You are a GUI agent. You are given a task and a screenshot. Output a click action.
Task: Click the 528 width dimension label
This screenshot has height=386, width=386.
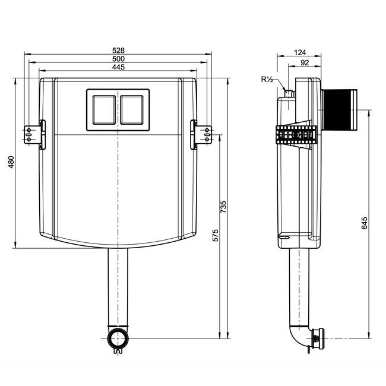[118, 50]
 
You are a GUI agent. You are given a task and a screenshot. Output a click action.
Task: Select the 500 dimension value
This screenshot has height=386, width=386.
[118, 59]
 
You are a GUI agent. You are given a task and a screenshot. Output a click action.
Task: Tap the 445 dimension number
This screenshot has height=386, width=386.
[118, 67]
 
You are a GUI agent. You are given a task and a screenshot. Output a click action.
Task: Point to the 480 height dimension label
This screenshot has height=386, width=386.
[11, 162]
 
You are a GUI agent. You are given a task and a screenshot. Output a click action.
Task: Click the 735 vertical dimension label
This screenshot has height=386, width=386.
[223, 207]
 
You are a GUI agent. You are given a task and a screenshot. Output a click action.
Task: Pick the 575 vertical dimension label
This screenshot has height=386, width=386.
[216, 236]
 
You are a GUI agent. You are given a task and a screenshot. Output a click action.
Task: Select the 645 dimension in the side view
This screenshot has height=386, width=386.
[365, 223]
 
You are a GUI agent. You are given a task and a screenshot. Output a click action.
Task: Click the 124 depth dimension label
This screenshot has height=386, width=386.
[300, 52]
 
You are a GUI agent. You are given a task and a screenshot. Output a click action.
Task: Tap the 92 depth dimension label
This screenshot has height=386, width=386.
[305, 63]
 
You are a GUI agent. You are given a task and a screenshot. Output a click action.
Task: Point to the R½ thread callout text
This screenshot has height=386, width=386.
[267, 80]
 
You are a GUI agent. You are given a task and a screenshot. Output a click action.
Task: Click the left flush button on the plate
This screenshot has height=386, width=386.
[104, 110]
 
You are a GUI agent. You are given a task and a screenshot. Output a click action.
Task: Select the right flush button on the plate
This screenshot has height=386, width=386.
[132, 110]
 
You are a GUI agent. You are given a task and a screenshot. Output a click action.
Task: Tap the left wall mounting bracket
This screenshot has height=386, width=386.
[34, 135]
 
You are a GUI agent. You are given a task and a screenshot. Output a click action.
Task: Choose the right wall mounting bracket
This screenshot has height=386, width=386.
[201, 135]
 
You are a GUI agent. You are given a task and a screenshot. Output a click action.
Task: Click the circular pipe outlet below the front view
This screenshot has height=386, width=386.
[118, 338]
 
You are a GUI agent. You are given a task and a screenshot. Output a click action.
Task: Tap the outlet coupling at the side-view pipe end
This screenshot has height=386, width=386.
[318, 338]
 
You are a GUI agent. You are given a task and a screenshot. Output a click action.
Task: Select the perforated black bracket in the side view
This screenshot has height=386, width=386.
[296, 135]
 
